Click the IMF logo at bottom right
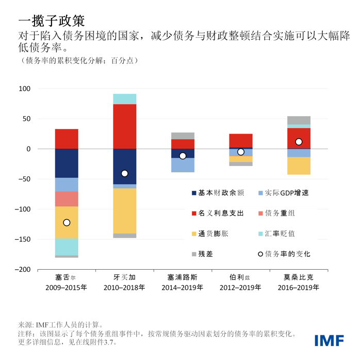click(330, 340)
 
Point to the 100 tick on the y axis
click(24, 89)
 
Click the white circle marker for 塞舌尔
click(67, 223)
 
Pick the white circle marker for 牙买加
click(124, 173)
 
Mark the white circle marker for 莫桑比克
click(299, 142)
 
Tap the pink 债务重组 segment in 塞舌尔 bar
click(67, 199)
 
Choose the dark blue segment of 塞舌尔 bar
click(67, 163)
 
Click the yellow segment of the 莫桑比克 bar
click(299, 166)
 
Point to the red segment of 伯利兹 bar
click(240, 140)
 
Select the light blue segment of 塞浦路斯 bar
click(183, 165)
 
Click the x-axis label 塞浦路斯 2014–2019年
click(183, 282)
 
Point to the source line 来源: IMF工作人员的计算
click(61, 325)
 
